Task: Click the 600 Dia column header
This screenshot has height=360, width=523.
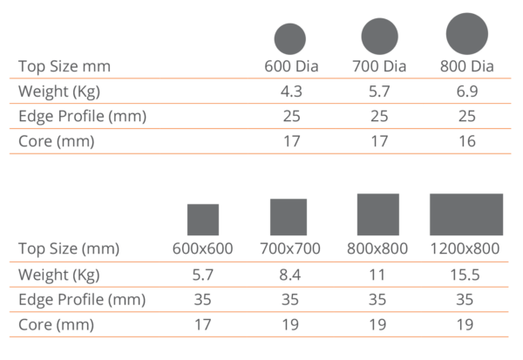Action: coord(289,65)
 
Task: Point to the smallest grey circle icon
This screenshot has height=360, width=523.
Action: coord(289,38)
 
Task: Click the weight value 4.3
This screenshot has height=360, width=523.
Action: coord(289,91)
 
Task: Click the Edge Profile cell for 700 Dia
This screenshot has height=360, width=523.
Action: coord(379,116)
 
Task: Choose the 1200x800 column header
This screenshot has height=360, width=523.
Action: coord(466,248)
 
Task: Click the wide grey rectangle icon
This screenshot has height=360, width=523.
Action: coord(466,214)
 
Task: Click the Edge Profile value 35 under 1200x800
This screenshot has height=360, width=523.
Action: coord(466,299)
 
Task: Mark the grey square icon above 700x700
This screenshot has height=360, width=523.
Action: coord(289,217)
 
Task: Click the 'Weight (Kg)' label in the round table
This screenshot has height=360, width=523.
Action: coord(61,92)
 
